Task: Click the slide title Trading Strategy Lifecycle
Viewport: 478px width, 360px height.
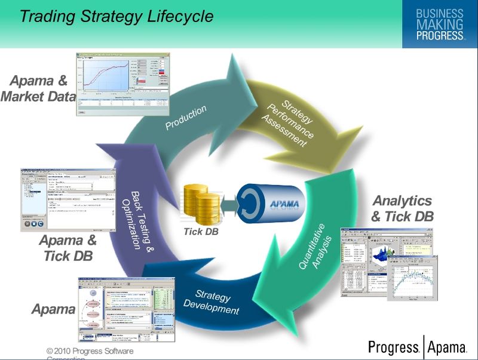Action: [117, 16]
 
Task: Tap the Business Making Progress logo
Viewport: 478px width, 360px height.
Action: [439, 24]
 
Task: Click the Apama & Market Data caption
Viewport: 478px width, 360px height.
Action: [38, 88]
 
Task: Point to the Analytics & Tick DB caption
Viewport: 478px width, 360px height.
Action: [402, 208]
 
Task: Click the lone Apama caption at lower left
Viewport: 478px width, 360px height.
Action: [53, 309]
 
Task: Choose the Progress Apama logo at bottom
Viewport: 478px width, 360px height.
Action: [416, 347]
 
